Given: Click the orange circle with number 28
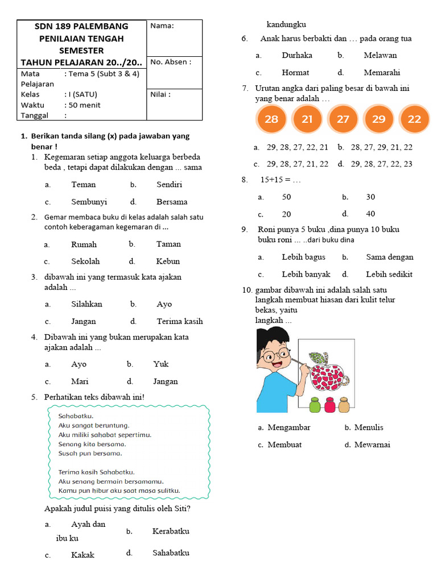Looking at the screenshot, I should (271, 119).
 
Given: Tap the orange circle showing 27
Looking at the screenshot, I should (343, 119).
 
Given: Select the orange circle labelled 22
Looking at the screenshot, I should (414, 119).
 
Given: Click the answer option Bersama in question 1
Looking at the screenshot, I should (172, 202).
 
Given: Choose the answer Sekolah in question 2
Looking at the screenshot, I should (85, 261).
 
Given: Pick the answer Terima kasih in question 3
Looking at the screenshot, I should (179, 321).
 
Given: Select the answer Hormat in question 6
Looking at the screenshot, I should (295, 73).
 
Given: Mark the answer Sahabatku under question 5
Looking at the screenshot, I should (171, 552).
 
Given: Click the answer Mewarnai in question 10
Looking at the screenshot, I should (372, 444).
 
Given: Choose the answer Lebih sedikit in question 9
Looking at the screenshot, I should (389, 274).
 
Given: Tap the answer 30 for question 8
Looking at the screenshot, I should (370, 197).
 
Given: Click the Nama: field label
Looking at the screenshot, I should (162, 26).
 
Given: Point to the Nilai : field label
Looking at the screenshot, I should (161, 94).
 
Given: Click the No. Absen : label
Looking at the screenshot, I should (171, 61).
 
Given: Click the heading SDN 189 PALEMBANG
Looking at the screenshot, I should (81, 26).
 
